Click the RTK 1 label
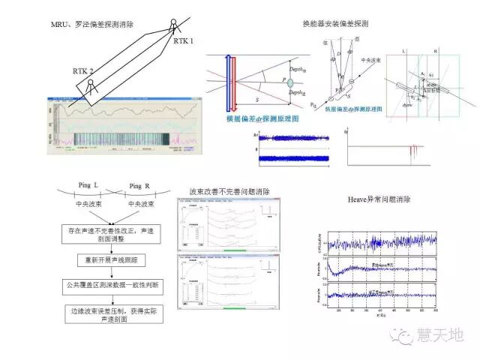[x=183, y=40]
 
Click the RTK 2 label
[x=83, y=70]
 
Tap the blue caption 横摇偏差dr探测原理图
[x=258, y=118]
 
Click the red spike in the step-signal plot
[x=412, y=151]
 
